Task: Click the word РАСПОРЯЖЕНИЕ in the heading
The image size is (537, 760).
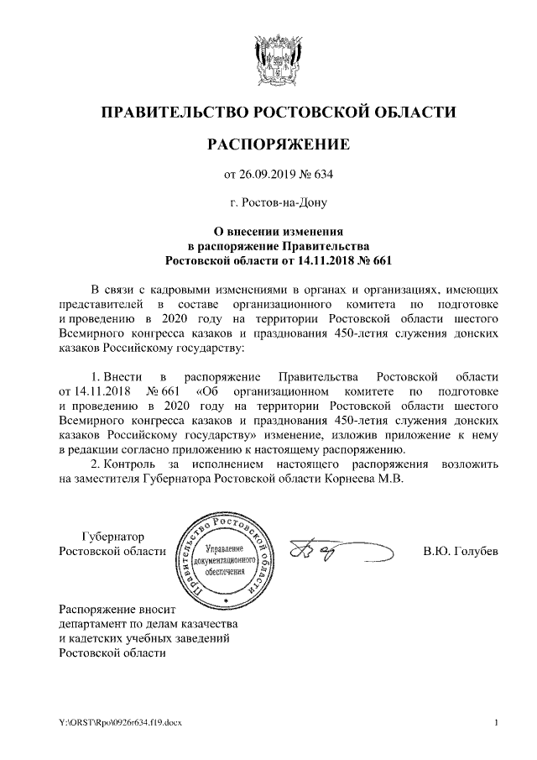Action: tap(278, 145)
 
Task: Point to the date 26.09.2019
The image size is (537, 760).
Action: tap(268, 175)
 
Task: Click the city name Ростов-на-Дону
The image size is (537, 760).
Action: tap(284, 202)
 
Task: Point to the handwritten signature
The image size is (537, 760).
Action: tap(336, 552)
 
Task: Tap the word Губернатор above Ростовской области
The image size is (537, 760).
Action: tap(112, 536)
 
